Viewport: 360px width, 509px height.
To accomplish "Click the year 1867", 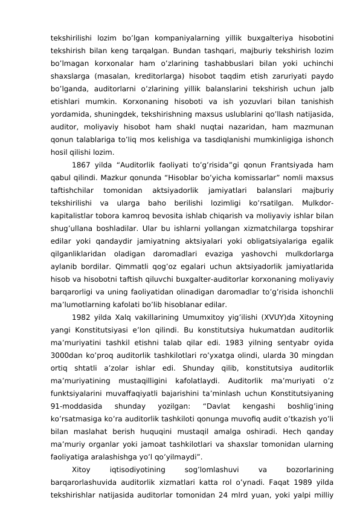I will (x=82, y=165).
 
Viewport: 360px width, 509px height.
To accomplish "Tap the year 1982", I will (x=82, y=317).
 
